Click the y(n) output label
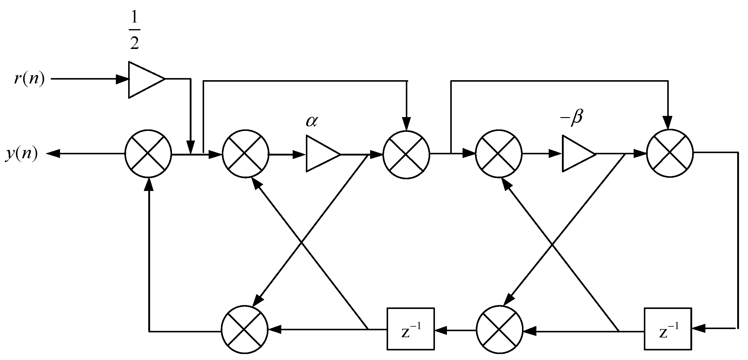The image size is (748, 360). coord(22,154)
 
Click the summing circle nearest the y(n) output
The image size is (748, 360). coord(148,154)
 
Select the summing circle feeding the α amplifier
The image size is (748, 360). coord(245,154)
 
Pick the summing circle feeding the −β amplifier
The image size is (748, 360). coord(499,154)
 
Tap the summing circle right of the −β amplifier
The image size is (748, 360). coord(670,153)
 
